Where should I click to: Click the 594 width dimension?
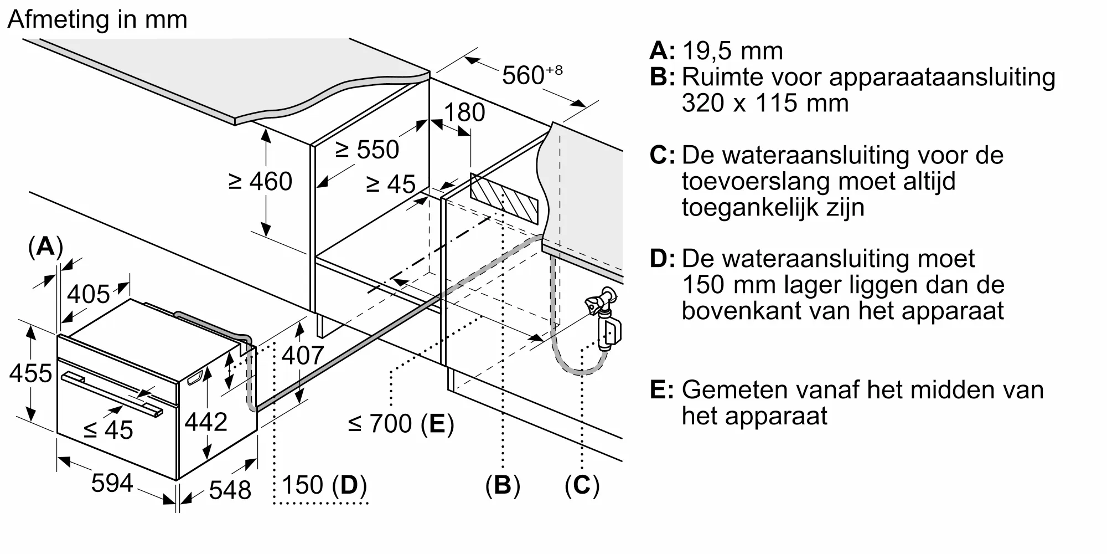coord(112,483)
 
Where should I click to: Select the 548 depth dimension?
coord(230,490)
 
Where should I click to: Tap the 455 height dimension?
coord(30,373)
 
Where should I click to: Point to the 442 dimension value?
coord(206,422)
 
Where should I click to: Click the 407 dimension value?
coord(302,355)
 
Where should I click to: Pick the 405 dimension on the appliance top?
coord(89,294)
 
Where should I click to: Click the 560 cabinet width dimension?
coord(531,75)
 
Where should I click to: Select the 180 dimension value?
coord(464,112)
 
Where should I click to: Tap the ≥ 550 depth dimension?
coord(367,150)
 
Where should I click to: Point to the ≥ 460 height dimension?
coord(260,181)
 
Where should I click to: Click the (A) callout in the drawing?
coord(45,246)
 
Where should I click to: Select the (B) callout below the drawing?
coord(503,485)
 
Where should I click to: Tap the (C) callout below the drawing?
coord(582,485)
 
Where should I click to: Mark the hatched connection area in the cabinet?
coord(504,198)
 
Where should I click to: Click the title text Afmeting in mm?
coord(97,20)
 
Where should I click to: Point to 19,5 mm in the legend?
coord(732,51)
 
